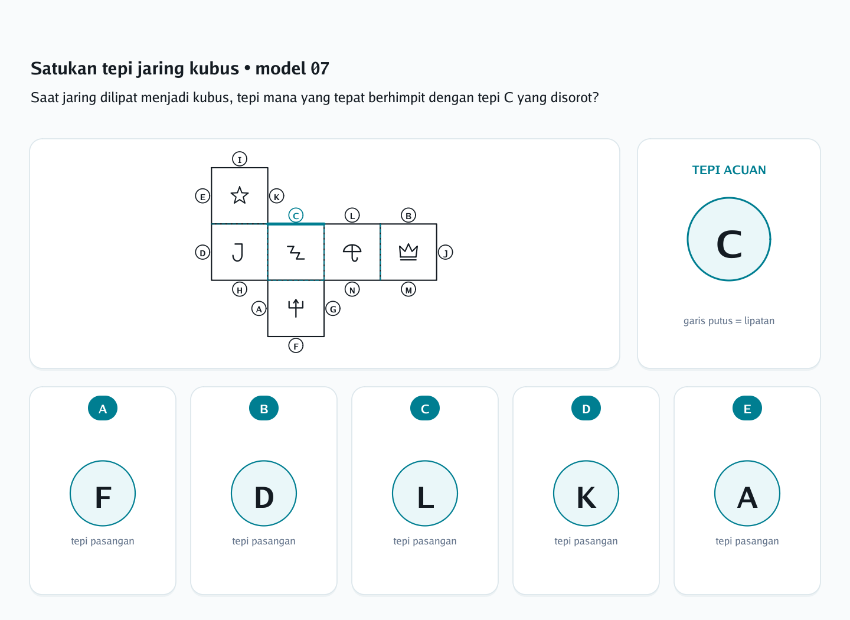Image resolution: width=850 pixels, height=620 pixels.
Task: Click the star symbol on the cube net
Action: coord(240,195)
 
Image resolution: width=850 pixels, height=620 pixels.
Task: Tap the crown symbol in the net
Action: coord(408,252)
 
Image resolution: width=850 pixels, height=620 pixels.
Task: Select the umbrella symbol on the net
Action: coord(352,253)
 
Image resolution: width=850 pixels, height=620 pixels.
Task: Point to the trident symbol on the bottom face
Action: coord(296,308)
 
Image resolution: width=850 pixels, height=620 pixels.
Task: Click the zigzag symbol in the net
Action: coord(296,253)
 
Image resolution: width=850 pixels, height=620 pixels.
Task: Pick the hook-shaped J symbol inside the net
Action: coord(238,253)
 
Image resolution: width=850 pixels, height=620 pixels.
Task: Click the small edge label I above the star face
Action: coord(240,159)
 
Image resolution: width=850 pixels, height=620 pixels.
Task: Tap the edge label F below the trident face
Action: coord(296,346)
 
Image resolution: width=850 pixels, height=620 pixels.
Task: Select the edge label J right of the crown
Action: coord(446,253)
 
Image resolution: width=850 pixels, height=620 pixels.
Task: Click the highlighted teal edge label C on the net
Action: coord(296,216)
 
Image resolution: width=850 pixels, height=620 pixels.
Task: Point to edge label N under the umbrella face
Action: coord(352,290)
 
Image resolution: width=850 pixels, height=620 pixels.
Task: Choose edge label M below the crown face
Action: coord(408,290)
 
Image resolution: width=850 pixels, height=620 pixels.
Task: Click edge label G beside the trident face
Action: coord(333,309)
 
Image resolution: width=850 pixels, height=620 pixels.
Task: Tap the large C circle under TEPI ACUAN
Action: coord(729,239)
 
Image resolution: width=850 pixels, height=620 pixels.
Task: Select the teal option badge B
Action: coord(264,408)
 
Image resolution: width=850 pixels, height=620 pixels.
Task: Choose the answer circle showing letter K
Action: coord(586,493)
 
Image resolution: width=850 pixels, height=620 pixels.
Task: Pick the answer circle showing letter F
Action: coord(103,493)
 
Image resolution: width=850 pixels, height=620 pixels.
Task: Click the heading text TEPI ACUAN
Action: coord(729,170)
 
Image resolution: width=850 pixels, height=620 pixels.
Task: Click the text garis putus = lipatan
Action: coord(729,321)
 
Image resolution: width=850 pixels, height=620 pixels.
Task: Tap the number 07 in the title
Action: coord(319,68)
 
